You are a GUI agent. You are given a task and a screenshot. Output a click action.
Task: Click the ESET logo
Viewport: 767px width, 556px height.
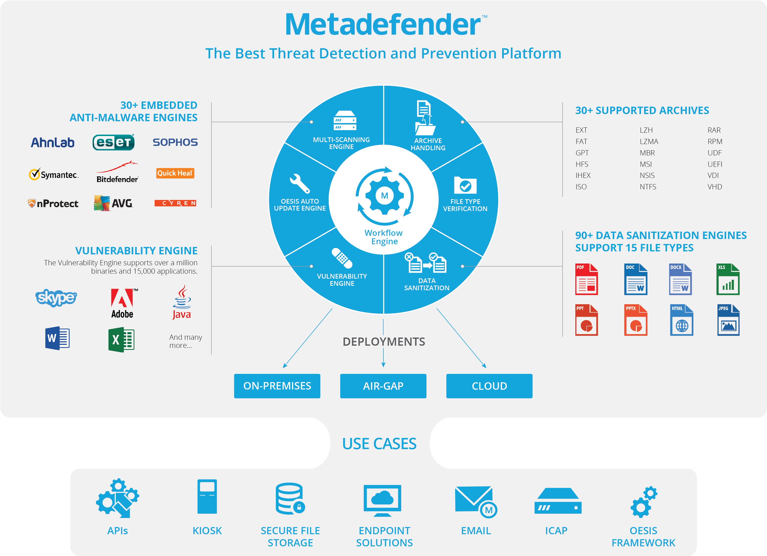(x=114, y=142)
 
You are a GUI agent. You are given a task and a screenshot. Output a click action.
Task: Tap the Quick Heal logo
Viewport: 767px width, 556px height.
(x=175, y=173)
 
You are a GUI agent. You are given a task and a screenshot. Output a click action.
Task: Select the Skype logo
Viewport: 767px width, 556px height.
(x=56, y=298)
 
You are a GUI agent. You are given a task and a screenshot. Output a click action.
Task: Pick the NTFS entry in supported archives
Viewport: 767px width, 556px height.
(x=648, y=187)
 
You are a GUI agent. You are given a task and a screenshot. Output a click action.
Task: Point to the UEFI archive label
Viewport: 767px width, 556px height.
(x=714, y=164)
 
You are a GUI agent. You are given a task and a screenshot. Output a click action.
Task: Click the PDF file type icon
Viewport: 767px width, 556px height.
(x=586, y=279)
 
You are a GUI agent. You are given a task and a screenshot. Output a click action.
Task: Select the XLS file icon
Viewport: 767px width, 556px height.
(x=728, y=279)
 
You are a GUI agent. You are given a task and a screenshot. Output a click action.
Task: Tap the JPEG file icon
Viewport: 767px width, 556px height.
(x=728, y=320)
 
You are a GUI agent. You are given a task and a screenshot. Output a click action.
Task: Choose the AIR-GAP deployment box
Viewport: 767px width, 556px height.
(x=383, y=386)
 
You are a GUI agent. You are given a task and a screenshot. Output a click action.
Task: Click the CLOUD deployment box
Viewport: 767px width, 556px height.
(x=489, y=386)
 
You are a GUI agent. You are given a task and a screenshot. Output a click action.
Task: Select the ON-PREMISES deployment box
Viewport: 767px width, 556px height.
(x=277, y=386)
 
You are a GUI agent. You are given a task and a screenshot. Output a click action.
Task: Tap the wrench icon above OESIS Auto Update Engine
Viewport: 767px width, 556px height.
(x=299, y=183)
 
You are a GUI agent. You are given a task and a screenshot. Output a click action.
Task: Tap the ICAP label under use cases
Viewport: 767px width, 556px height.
(x=556, y=531)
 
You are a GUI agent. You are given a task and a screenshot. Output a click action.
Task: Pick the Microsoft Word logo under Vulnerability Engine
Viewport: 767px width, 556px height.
(x=57, y=338)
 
